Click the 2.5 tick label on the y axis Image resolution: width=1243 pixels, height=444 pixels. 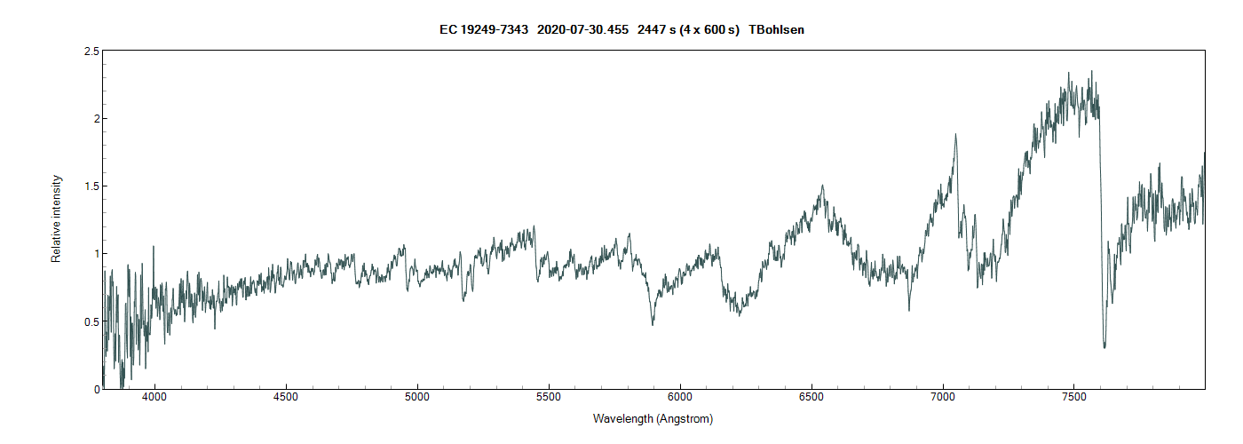[91, 52]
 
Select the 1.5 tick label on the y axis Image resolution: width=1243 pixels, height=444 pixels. [91, 186]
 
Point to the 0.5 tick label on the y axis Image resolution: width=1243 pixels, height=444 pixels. [91, 321]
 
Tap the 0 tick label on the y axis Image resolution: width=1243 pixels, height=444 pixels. [96, 389]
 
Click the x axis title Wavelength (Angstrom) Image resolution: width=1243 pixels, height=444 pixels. [653, 419]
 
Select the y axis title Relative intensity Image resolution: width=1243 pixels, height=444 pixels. [57, 219]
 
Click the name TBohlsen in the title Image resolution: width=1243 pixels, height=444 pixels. [777, 30]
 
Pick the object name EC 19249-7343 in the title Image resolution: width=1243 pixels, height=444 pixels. [484, 30]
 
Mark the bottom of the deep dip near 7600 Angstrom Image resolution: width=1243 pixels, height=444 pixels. [1104, 346]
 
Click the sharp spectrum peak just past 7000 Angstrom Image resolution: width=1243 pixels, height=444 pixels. [955, 135]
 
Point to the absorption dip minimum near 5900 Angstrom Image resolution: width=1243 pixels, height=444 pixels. [653, 324]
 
